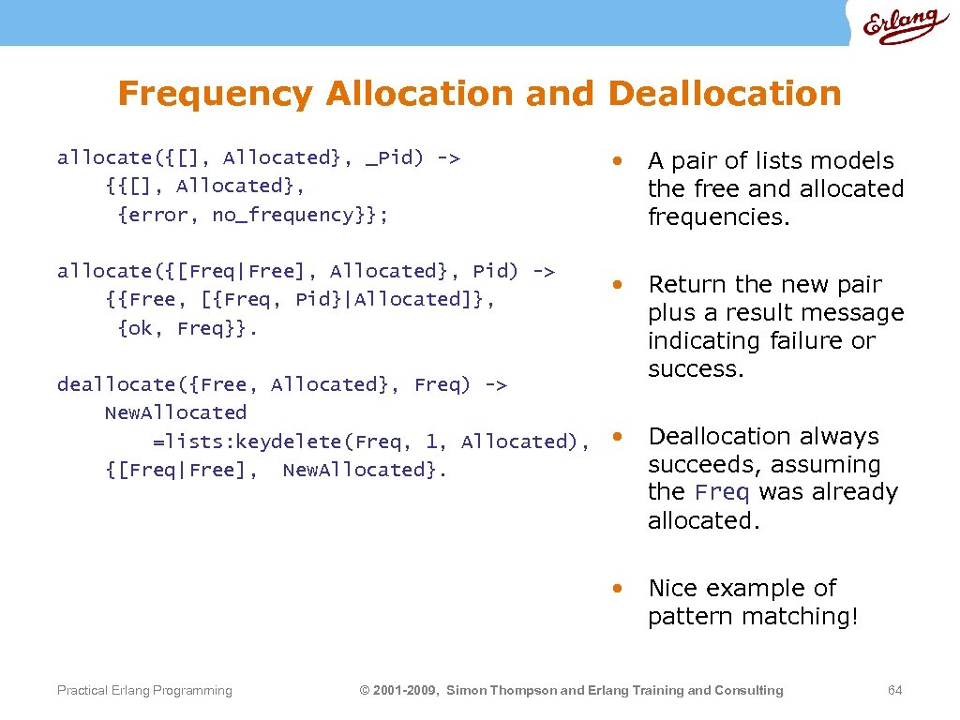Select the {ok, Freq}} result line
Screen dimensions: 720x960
(x=187, y=328)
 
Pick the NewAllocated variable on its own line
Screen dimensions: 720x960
(x=175, y=412)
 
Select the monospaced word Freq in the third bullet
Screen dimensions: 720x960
(x=722, y=492)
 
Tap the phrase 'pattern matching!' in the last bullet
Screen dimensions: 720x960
(x=753, y=616)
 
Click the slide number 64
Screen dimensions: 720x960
(x=894, y=691)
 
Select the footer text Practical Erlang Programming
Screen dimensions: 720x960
(x=144, y=691)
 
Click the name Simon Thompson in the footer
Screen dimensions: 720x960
(x=502, y=691)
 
